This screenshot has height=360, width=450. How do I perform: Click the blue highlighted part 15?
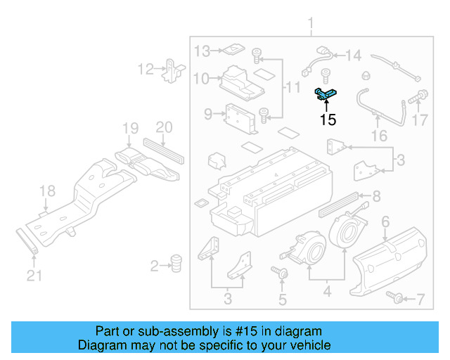(326, 92)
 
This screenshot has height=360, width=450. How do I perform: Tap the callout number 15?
(328, 120)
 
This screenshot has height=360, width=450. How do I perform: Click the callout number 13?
(202, 51)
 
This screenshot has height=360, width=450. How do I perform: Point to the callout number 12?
(146, 69)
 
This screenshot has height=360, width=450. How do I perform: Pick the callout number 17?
(419, 120)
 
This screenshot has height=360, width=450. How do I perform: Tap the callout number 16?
(379, 135)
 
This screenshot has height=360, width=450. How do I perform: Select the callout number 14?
(353, 54)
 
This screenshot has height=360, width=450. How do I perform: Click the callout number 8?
(376, 196)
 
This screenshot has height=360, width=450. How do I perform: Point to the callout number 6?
(385, 222)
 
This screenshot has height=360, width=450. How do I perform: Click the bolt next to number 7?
(397, 300)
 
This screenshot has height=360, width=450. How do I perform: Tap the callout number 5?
(282, 300)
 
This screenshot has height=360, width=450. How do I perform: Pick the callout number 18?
(46, 191)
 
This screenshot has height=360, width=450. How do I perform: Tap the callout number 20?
(163, 127)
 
